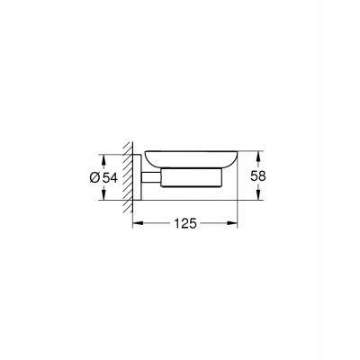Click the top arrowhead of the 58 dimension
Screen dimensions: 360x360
[256, 152]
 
